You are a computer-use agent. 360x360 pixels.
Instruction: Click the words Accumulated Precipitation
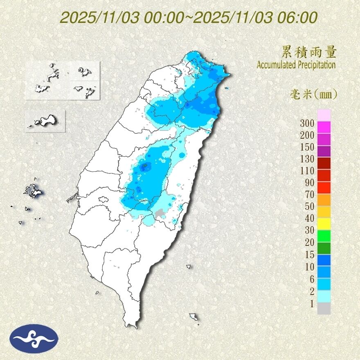tap(296, 65)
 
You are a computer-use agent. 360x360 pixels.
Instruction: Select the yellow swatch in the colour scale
tap(324, 223)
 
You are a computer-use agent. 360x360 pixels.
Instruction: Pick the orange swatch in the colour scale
tap(324, 199)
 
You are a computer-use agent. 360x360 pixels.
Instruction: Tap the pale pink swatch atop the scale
tap(324, 115)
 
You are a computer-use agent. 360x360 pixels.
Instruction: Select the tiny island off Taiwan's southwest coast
tap(97, 292)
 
